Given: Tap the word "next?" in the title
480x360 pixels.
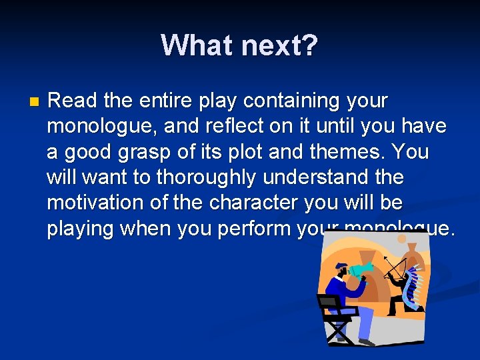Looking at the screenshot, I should point(280,45).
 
